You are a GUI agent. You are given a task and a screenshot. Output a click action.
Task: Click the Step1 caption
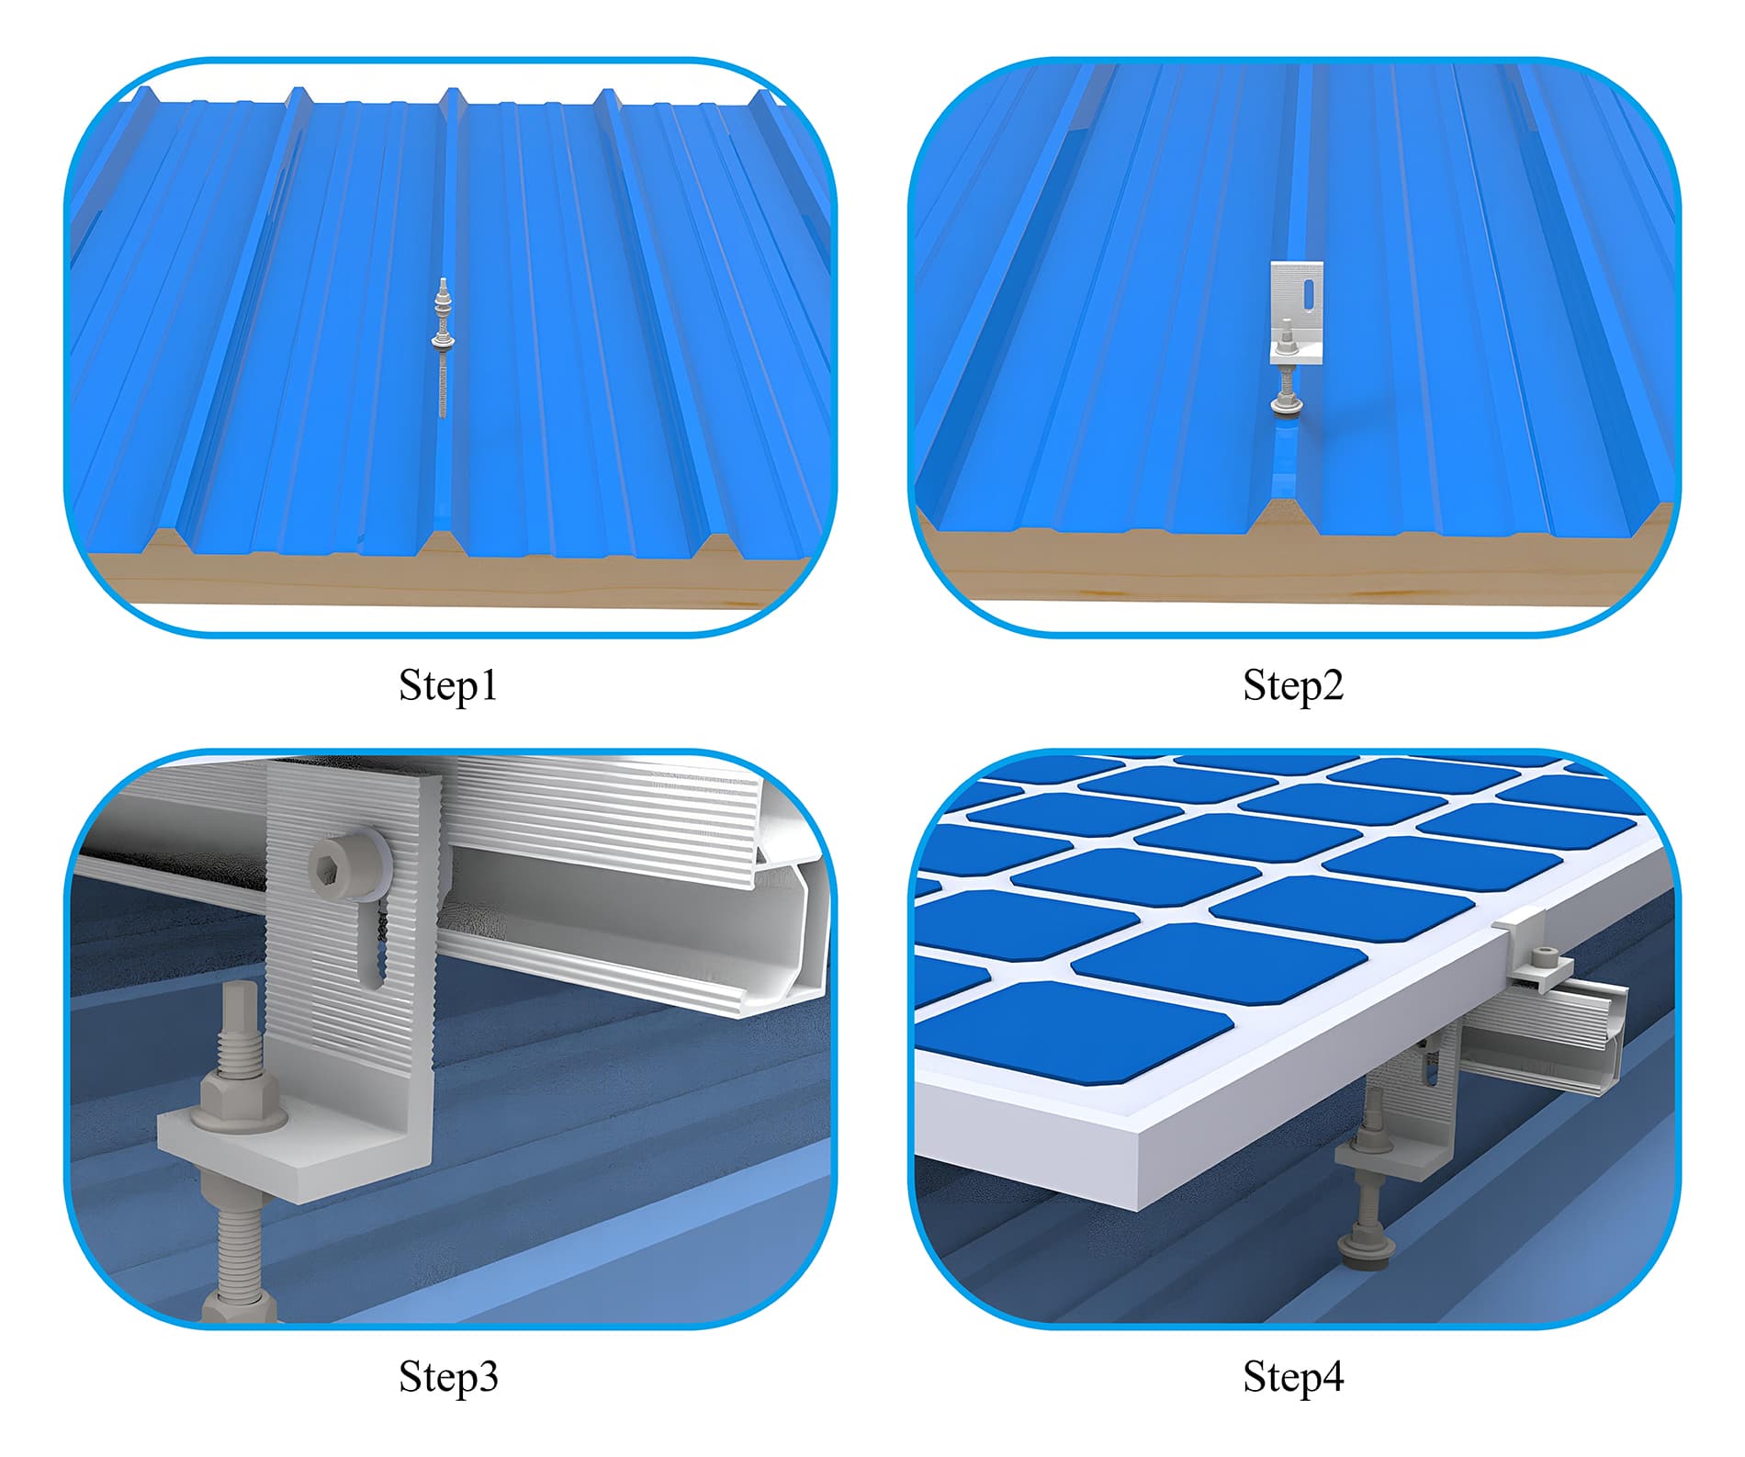tap(448, 685)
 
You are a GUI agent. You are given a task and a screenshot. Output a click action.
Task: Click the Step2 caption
tap(1292, 685)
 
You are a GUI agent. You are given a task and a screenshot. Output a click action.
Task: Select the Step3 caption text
tap(448, 1376)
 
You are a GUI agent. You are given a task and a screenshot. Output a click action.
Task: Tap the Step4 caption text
tap(1292, 1376)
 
